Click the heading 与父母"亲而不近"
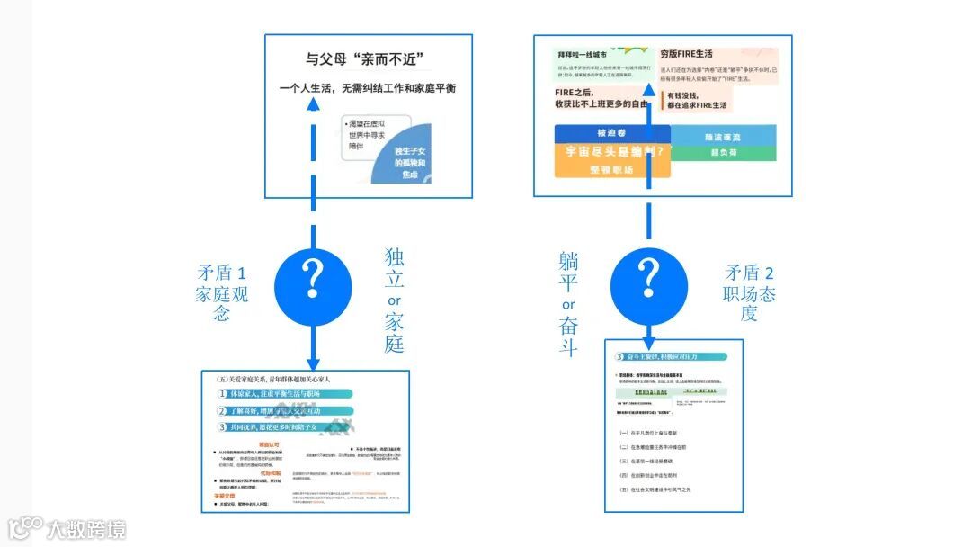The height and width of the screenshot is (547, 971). [364, 60]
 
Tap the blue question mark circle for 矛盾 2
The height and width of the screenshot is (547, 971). [648, 278]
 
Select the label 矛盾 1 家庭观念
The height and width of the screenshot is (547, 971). [222, 293]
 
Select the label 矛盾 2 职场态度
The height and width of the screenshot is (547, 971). [750, 293]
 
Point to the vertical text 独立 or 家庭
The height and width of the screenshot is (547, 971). [394, 300]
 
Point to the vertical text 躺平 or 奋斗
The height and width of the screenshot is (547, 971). [568, 303]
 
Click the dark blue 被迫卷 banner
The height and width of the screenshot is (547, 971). [612, 132]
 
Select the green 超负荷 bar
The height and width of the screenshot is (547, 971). [724, 153]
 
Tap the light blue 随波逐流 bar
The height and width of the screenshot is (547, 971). [724, 136]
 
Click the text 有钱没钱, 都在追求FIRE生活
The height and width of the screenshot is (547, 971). [697, 100]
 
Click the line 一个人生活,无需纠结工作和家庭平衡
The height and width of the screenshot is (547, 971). [367, 88]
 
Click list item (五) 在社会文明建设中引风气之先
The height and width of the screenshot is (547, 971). [660, 489]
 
